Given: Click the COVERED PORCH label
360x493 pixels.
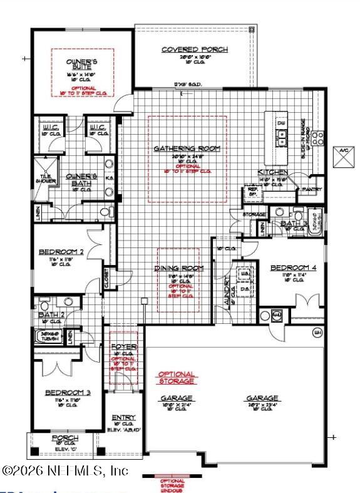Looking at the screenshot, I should pos(195,49).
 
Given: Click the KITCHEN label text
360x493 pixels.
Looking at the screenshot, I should pos(272,172).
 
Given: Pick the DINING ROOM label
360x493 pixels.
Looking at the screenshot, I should pos(179,268).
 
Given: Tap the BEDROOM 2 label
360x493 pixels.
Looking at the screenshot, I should pos(61,252).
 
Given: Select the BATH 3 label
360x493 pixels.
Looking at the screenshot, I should pos(292,223).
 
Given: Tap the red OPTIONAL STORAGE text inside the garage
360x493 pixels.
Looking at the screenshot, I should pos(176,378).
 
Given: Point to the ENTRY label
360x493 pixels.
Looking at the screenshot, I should pos(123,418).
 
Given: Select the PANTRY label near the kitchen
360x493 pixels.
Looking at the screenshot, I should pos(311,189).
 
